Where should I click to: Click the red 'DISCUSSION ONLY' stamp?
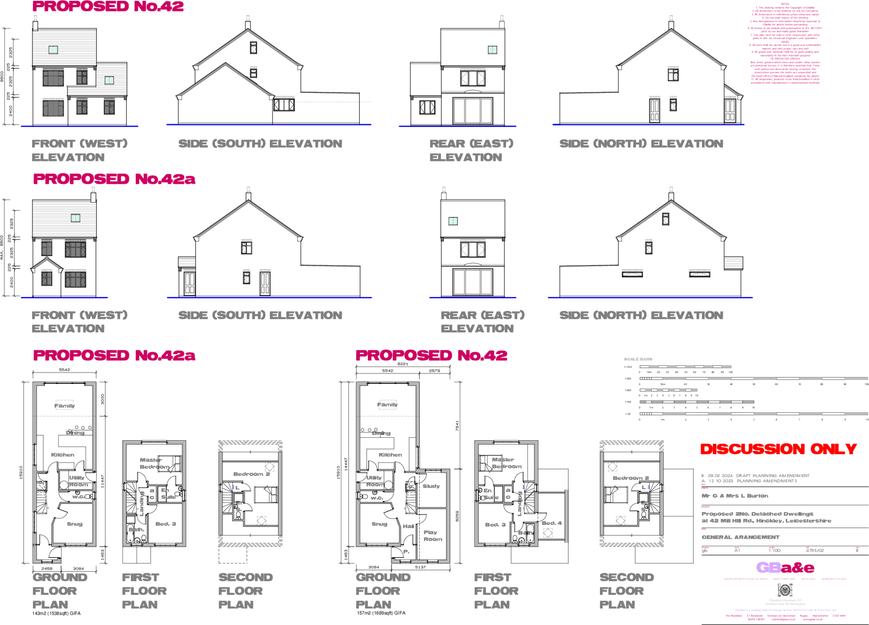(x=778, y=449)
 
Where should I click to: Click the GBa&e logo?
(x=785, y=568)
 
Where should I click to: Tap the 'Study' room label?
(x=431, y=486)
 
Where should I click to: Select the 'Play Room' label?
(x=432, y=536)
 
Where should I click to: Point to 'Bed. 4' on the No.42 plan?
(x=552, y=523)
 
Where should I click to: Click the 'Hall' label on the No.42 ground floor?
(x=408, y=526)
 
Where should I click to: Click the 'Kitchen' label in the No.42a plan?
(x=63, y=455)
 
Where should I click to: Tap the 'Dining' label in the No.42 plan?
(x=381, y=433)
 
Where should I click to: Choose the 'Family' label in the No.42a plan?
(x=64, y=406)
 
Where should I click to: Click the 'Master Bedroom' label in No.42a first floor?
(x=154, y=463)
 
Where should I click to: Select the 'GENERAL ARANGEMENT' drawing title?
(x=740, y=537)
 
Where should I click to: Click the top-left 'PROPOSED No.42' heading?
(x=108, y=6)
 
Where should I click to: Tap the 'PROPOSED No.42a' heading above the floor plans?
(x=114, y=355)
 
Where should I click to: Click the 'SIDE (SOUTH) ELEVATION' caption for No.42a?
(x=260, y=315)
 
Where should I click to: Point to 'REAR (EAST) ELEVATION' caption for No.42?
(x=471, y=150)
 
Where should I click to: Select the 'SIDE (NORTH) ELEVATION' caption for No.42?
(x=641, y=144)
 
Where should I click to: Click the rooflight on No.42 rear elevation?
(x=492, y=50)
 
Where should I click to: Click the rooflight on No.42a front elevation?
(x=76, y=218)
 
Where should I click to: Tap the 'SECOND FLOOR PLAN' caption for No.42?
(x=626, y=591)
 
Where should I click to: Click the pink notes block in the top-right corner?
(x=785, y=44)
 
